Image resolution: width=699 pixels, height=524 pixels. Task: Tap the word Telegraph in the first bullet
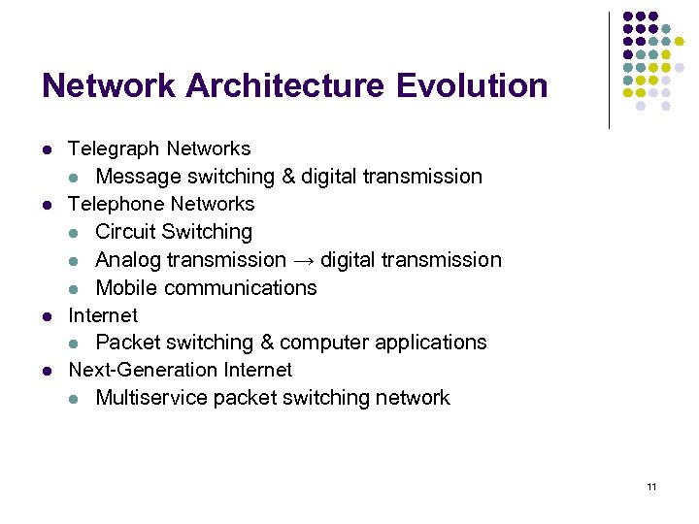pos(114,149)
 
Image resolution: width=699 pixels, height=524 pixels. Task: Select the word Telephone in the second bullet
pos(116,205)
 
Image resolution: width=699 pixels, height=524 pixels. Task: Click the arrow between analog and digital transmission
pos(303,260)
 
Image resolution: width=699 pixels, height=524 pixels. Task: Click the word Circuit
pos(126,232)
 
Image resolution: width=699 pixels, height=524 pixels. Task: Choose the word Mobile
pos(126,288)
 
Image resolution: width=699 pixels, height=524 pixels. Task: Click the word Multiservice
pos(151,398)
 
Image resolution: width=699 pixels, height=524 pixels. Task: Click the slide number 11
pos(650,485)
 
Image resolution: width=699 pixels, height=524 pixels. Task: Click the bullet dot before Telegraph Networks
pos(47,149)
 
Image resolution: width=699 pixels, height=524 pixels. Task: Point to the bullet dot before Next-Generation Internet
pos(47,371)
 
